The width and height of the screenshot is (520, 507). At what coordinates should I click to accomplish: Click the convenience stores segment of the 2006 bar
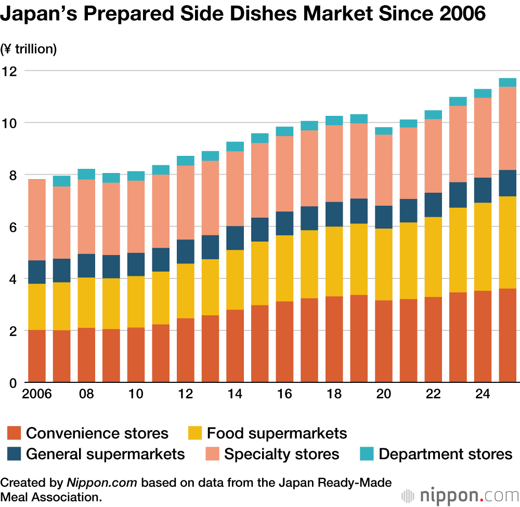[x=37, y=356]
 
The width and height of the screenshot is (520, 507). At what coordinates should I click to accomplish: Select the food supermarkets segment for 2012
[x=186, y=291]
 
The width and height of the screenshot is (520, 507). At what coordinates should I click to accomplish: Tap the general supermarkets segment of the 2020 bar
[x=384, y=217]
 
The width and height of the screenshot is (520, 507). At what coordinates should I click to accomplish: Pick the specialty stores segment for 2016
[x=284, y=174]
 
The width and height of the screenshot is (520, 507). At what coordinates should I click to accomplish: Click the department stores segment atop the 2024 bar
[x=483, y=94]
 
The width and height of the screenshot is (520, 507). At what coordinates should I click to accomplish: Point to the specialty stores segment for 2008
[x=86, y=217]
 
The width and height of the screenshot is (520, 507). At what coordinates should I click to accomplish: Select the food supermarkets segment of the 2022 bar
[x=433, y=257]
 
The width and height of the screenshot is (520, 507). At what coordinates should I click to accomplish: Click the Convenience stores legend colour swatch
[x=14, y=433]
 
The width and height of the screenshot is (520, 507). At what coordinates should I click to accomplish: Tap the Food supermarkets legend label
[x=277, y=433]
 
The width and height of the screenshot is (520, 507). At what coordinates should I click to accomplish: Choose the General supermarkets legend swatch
[x=14, y=453]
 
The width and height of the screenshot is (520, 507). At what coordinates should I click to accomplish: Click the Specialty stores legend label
[x=281, y=454]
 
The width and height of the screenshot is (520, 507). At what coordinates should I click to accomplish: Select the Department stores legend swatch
[x=367, y=453]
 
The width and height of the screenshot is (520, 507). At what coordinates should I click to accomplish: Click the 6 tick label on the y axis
[x=12, y=228]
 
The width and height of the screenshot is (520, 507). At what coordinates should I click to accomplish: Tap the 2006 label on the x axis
[x=37, y=394]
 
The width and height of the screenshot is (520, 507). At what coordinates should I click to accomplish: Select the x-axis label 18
[x=334, y=394]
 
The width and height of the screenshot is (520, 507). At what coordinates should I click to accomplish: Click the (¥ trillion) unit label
[x=29, y=49]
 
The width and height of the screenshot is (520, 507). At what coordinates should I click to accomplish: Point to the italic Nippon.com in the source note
[x=102, y=483]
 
